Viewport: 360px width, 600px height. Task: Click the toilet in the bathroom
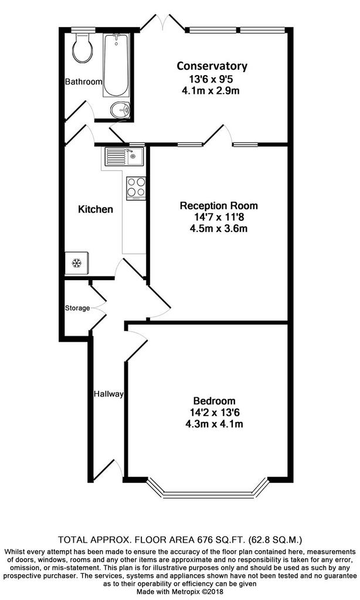[82, 47]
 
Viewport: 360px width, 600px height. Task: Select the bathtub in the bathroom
[116, 65]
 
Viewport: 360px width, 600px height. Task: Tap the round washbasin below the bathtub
[120, 110]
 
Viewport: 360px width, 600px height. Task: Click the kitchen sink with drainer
[123, 156]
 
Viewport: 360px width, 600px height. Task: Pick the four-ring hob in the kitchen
[136, 187]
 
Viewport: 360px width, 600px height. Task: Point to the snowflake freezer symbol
[77, 263]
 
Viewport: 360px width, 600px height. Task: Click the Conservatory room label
[212, 66]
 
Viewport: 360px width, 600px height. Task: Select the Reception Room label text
[219, 206]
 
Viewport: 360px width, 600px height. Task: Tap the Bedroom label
[214, 401]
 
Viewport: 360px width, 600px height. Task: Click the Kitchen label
[96, 209]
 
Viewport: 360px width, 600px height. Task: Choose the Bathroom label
[83, 81]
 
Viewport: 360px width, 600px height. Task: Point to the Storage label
[77, 308]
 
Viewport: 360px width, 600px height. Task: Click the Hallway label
[109, 394]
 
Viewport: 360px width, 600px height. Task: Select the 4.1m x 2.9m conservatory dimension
[212, 91]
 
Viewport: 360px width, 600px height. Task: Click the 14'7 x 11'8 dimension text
[219, 217]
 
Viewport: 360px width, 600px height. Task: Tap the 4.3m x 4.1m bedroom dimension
[214, 424]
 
